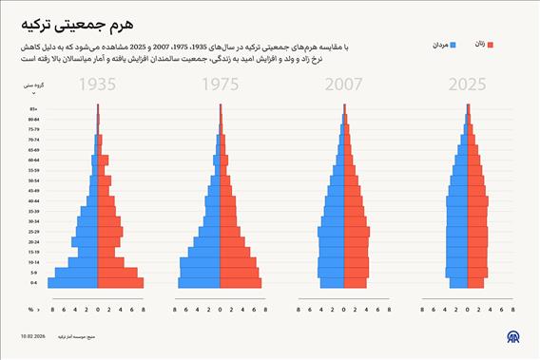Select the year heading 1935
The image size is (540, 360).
point(98,86)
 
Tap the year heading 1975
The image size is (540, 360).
point(221,86)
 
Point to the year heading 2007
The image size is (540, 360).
point(343,86)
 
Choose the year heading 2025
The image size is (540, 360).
point(466,86)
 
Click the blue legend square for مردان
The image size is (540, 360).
point(454,44)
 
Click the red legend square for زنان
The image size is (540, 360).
point(491,44)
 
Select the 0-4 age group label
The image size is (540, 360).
point(33,282)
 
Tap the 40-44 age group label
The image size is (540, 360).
point(33,200)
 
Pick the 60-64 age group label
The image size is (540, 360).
point(33,160)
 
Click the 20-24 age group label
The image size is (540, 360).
point(33,241)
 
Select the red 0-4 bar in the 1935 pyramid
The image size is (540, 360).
point(121,282)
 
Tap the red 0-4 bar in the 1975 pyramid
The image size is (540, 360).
point(241,282)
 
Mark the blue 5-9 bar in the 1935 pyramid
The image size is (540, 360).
point(77,273)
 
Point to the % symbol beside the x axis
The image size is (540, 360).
point(30,309)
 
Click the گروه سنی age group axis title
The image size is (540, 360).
point(32,85)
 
